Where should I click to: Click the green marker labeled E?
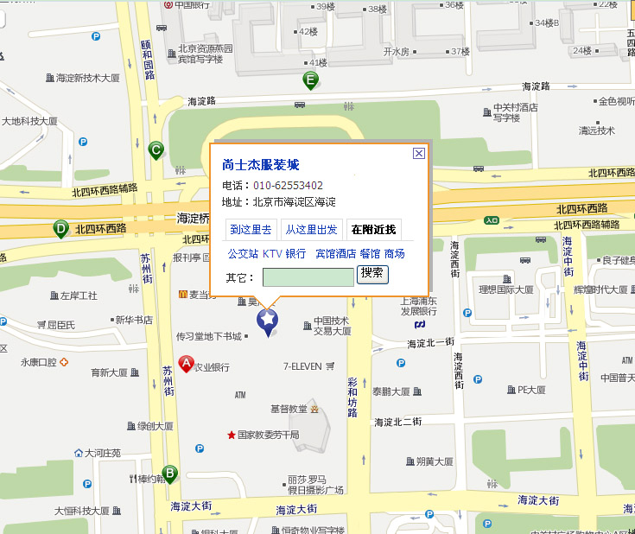coord(310,80)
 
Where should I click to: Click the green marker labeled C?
coord(156,150)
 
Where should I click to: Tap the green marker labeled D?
coord(60,229)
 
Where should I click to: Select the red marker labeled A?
coord(186,364)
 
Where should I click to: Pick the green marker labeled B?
coord(170,474)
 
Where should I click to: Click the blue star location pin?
coord(269,321)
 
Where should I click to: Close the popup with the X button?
coord(419,153)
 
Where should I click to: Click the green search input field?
coord(308,277)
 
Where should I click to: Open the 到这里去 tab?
coord(251,230)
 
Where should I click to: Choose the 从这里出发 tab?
coord(311,230)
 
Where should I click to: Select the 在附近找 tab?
coord(373,230)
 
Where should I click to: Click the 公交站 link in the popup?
coord(243,254)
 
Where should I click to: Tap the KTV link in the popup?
coord(272,254)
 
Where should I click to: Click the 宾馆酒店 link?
coord(335,254)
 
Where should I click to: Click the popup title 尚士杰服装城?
coord(260,164)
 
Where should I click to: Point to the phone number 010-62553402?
coord(288,186)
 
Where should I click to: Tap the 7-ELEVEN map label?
coord(302,366)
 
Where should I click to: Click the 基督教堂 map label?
coord(289,408)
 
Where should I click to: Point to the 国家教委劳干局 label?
coord(268,435)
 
